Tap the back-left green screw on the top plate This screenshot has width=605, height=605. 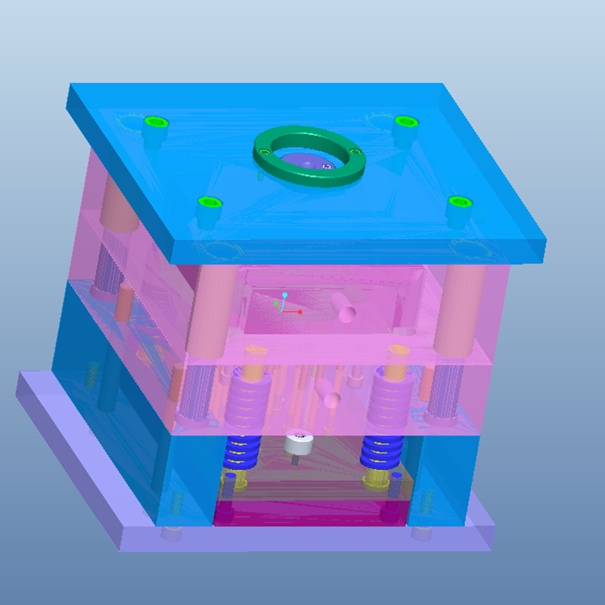[156, 123]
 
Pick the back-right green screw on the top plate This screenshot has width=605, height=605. [405, 122]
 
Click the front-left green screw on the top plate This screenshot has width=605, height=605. [207, 203]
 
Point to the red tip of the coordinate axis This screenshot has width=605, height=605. [300, 312]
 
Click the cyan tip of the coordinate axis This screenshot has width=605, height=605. [284, 294]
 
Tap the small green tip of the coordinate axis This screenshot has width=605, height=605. [276, 303]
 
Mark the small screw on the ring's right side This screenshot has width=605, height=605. [354, 152]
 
